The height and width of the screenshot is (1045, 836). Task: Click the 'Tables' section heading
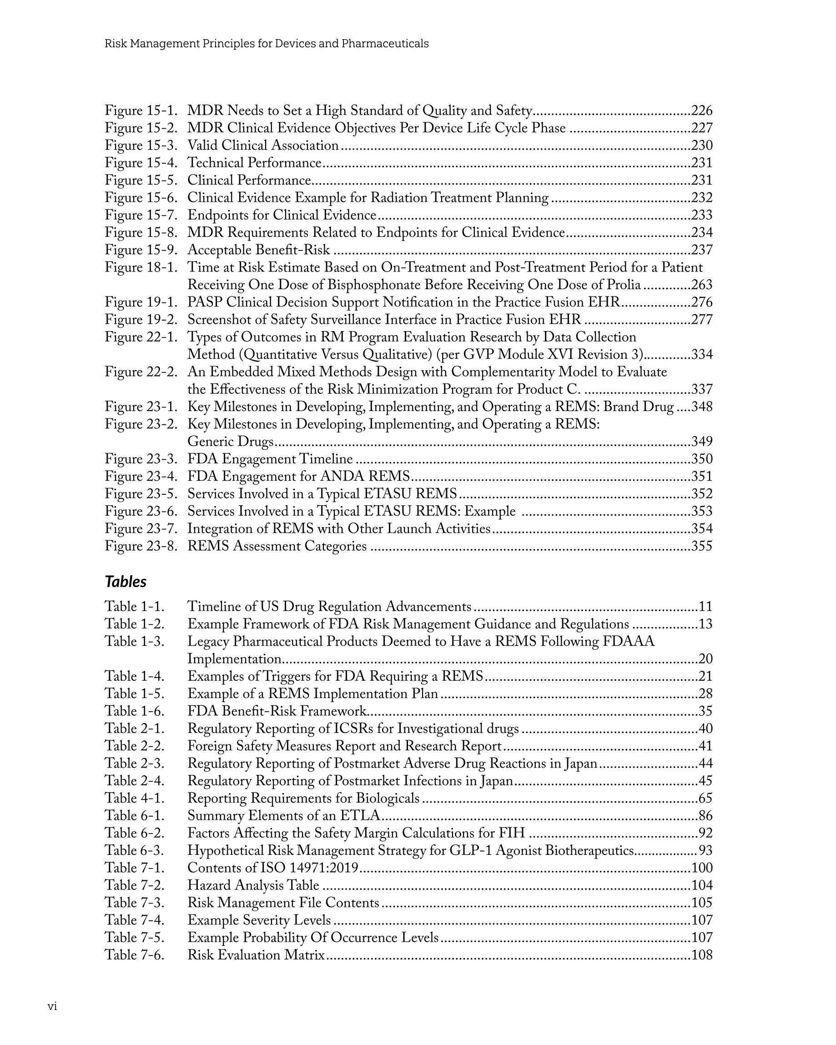coord(126,582)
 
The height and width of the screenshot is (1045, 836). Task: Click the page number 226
coord(702,111)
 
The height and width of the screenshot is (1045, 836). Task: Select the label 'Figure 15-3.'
coord(141,146)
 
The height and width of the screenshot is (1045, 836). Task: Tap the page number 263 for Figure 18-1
coord(702,285)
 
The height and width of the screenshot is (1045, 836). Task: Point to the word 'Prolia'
coord(624,285)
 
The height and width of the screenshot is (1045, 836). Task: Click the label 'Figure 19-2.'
coord(141,320)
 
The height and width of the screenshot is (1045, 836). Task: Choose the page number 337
coord(702,390)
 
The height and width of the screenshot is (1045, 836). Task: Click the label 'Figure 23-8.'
coord(141,546)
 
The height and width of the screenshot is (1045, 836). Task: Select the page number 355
coord(702,546)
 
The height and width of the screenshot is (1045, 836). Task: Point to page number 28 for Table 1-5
coord(705,694)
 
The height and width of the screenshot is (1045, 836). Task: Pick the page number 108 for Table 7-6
coord(702,955)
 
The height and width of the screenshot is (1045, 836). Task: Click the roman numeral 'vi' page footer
coord(52,1007)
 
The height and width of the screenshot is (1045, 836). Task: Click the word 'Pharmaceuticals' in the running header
coord(385,44)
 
